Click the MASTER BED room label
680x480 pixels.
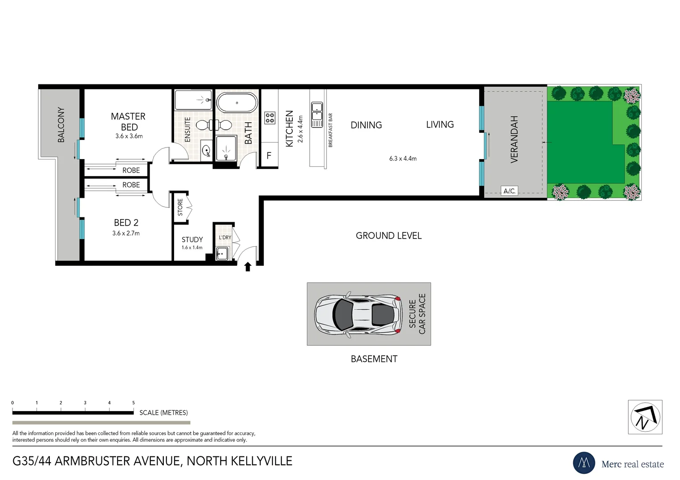[128, 121]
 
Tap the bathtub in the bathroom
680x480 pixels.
[237, 103]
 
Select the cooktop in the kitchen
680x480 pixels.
[270, 118]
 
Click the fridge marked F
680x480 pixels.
[269, 156]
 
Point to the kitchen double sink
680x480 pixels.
[317, 115]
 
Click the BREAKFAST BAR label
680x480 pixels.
[330, 130]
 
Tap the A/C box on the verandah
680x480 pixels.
[509, 191]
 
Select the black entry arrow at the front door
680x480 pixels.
[248, 267]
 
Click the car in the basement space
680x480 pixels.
[356, 314]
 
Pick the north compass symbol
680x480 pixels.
[645, 417]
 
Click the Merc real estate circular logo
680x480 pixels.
[584, 463]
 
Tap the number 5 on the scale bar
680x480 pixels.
[133, 403]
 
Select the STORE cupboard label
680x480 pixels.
[180, 207]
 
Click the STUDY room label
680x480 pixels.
[192, 240]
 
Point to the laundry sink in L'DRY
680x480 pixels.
[222, 254]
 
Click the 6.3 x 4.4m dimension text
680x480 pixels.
[403, 159]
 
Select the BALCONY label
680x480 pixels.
[61, 125]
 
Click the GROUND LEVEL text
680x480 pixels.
[389, 236]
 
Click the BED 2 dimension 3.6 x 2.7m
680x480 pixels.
[126, 233]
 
